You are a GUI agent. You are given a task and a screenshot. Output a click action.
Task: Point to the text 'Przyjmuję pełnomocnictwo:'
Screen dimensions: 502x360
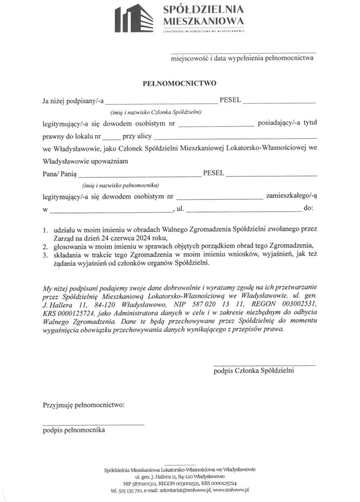click(83, 405)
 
